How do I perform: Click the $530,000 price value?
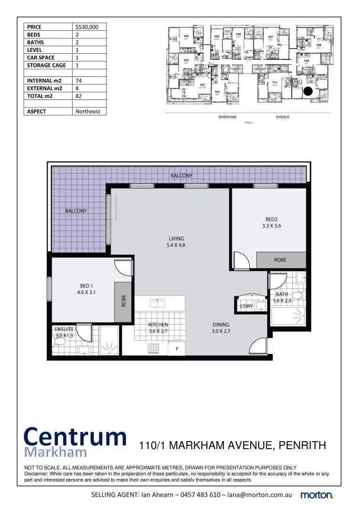click(87, 27)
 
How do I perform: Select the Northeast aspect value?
click(88, 112)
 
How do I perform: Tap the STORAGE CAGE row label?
click(46, 66)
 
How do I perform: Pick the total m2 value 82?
click(79, 96)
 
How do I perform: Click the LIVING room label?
click(177, 238)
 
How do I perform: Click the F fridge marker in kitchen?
click(177, 349)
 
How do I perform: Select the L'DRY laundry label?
click(246, 306)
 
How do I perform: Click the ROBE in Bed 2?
click(280, 260)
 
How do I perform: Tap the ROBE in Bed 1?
click(123, 301)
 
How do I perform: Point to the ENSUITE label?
click(64, 329)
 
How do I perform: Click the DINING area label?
click(221, 324)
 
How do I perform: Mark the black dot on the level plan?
click(308, 92)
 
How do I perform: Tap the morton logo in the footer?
click(317, 495)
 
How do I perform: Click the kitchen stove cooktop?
click(154, 348)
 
